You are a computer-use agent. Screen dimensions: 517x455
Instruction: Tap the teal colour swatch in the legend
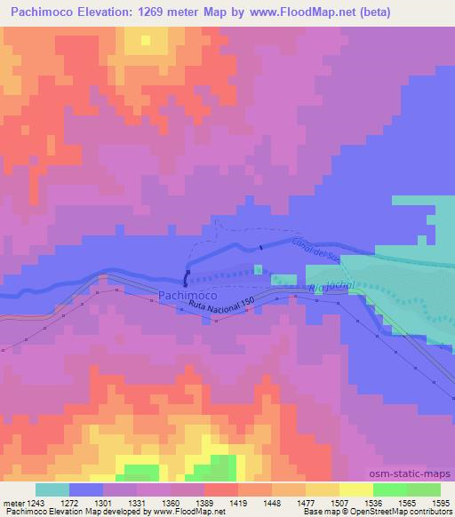click(x=52, y=490)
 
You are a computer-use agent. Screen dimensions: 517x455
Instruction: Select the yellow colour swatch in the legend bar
click(x=355, y=490)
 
